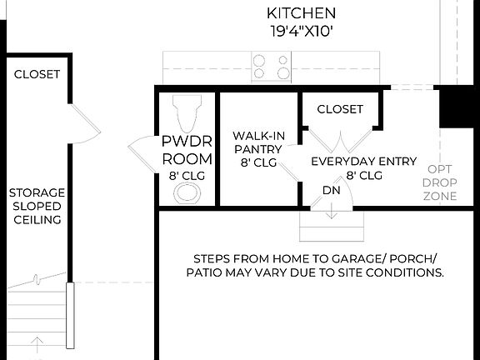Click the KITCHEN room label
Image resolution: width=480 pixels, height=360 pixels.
coord(301,13)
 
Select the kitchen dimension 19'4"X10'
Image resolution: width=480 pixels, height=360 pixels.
coord(301,32)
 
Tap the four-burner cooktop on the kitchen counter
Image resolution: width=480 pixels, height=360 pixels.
coord(271,67)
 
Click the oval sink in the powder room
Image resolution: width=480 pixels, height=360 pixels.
coord(187,194)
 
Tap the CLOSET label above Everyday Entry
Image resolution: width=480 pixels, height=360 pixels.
coord(340,109)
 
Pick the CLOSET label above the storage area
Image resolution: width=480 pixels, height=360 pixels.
coord(37,74)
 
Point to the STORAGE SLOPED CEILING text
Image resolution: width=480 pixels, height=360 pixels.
coord(37,206)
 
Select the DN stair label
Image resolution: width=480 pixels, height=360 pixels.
coord(331,191)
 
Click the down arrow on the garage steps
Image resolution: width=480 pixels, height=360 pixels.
coord(332,211)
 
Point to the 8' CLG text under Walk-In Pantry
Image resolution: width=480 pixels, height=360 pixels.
coord(258,163)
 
